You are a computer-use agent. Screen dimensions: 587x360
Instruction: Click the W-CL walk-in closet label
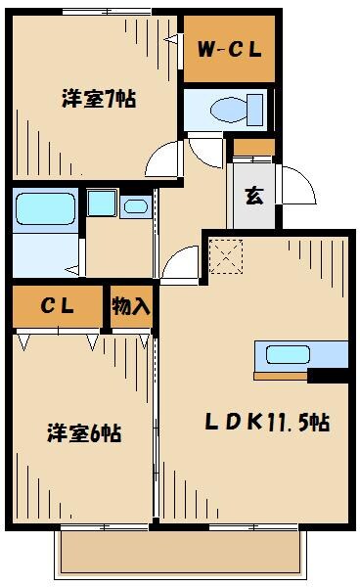click(x=228, y=49)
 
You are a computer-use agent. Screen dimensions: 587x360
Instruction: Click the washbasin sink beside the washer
click(x=135, y=205)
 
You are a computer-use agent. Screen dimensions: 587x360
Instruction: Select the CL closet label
click(x=57, y=305)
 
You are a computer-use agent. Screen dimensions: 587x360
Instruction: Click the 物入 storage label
click(x=131, y=305)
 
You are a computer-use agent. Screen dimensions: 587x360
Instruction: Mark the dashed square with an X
click(x=226, y=256)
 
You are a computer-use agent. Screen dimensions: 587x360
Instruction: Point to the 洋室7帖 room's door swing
click(x=165, y=158)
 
